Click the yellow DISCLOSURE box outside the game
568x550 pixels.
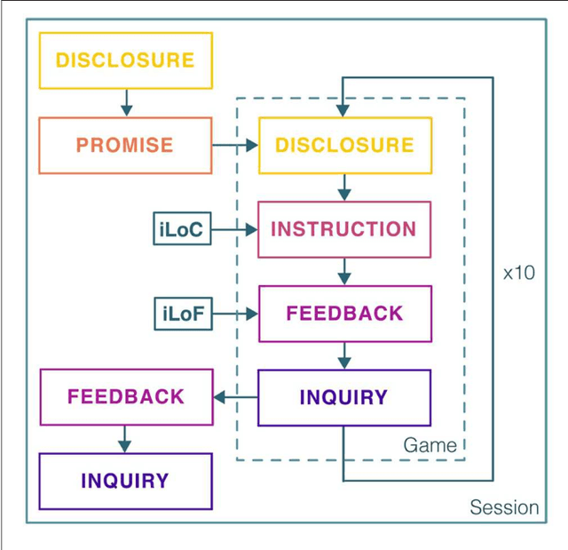(x=125, y=60)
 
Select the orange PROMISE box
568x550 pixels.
(x=125, y=145)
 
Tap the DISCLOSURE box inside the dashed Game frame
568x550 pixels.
(x=344, y=145)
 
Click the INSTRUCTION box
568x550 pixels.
(x=344, y=229)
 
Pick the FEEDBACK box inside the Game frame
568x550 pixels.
(x=344, y=314)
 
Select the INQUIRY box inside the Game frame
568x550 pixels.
(x=344, y=397)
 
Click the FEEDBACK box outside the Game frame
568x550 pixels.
(x=125, y=397)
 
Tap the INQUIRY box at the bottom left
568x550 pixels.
(x=125, y=481)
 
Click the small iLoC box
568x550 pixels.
(x=182, y=230)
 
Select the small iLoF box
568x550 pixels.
(x=182, y=314)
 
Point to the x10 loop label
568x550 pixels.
(x=518, y=273)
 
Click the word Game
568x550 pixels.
(x=430, y=445)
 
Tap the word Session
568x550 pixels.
(x=503, y=507)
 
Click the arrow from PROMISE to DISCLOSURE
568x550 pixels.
(x=235, y=146)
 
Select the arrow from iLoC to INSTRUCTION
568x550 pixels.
(x=235, y=230)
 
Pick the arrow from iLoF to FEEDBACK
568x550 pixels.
(x=235, y=314)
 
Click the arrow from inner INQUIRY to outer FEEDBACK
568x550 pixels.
(x=235, y=397)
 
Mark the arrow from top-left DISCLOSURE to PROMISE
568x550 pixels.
(x=125, y=102)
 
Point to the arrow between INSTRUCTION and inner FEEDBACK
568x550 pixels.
(x=344, y=272)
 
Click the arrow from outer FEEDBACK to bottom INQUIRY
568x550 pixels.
(x=125, y=439)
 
